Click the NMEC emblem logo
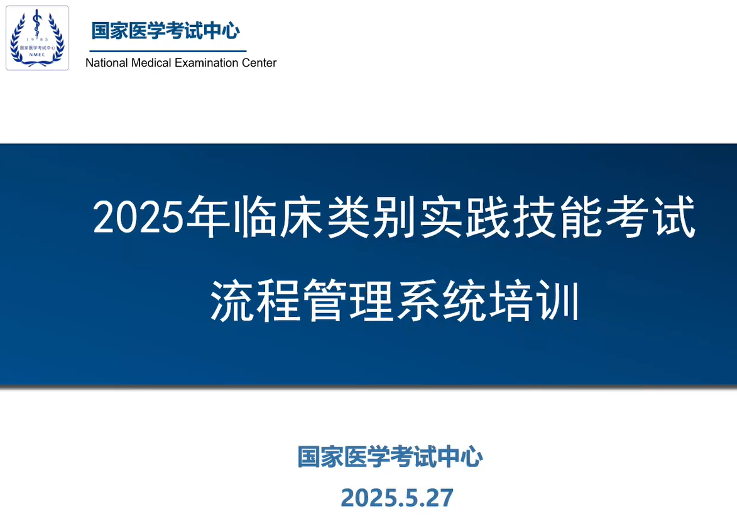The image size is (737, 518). click(x=37, y=38)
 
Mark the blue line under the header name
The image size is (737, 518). click(x=168, y=51)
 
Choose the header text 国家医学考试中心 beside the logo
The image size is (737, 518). click(x=165, y=31)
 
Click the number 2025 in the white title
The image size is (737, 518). click(x=138, y=218)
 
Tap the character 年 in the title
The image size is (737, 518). click(x=207, y=216)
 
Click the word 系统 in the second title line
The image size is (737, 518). click(x=441, y=300)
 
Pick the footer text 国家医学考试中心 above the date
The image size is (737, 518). click(x=390, y=456)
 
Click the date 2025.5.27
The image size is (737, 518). click(x=397, y=498)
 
